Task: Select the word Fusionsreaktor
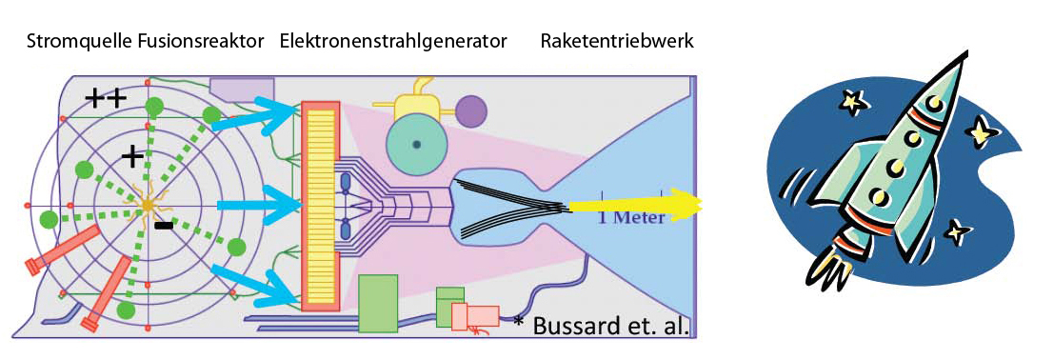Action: [200, 43]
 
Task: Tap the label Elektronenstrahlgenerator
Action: [392, 43]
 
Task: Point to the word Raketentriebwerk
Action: [616, 43]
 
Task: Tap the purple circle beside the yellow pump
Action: [470, 110]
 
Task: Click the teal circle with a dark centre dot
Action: [416, 143]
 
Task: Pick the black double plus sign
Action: [106, 100]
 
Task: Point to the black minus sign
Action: [163, 226]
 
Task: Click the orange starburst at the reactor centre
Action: [149, 205]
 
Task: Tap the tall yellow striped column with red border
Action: [319, 205]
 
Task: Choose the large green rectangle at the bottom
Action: [378, 304]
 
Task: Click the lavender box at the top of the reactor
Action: [243, 89]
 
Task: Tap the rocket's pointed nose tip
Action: [968, 51]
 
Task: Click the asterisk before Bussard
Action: [518, 320]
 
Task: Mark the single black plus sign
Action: [132, 157]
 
